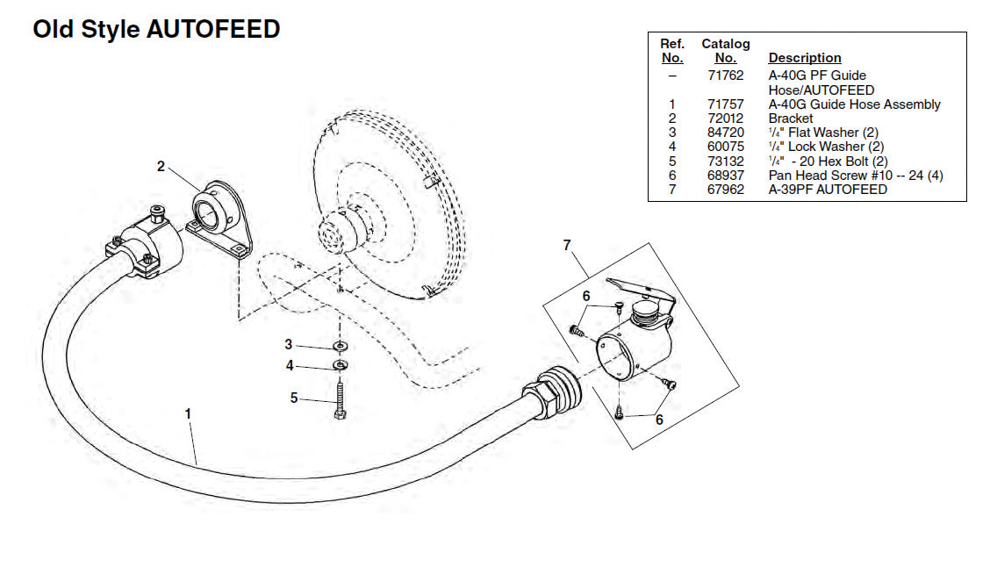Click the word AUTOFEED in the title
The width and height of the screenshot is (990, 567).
(x=213, y=29)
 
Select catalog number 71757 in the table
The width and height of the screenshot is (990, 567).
(x=726, y=104)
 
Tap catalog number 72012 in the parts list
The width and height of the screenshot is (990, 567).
(x=726, y=118)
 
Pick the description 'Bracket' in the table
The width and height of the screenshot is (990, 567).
(x=791, y=118)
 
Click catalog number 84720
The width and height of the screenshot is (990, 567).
(x=726, y=133)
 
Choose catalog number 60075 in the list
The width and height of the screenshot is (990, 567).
(x=726, y=147)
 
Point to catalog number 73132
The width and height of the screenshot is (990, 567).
(x=726, y=161)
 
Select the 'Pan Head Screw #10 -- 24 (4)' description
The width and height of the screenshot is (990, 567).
(x=856, y=176)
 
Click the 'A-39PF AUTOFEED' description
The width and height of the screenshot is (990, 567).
(x=828, y=190)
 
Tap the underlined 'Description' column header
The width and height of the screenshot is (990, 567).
(x=804, y=57)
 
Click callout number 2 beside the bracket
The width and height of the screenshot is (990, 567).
(x=161, y=166)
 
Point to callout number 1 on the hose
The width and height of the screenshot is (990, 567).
(x=188, y=413)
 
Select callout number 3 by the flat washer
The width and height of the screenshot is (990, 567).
(x=289, y=344)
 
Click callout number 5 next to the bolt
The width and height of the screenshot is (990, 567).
(x=294, y=398)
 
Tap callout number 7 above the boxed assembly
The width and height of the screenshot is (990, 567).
(x=567, y=245)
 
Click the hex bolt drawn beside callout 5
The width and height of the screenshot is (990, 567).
(x=340, y=399)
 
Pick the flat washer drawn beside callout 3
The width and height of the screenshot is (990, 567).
(x=341, y=346)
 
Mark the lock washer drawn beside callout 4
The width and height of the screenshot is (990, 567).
(x=341, y=365)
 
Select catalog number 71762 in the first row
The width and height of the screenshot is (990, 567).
(x=726, y=75)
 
